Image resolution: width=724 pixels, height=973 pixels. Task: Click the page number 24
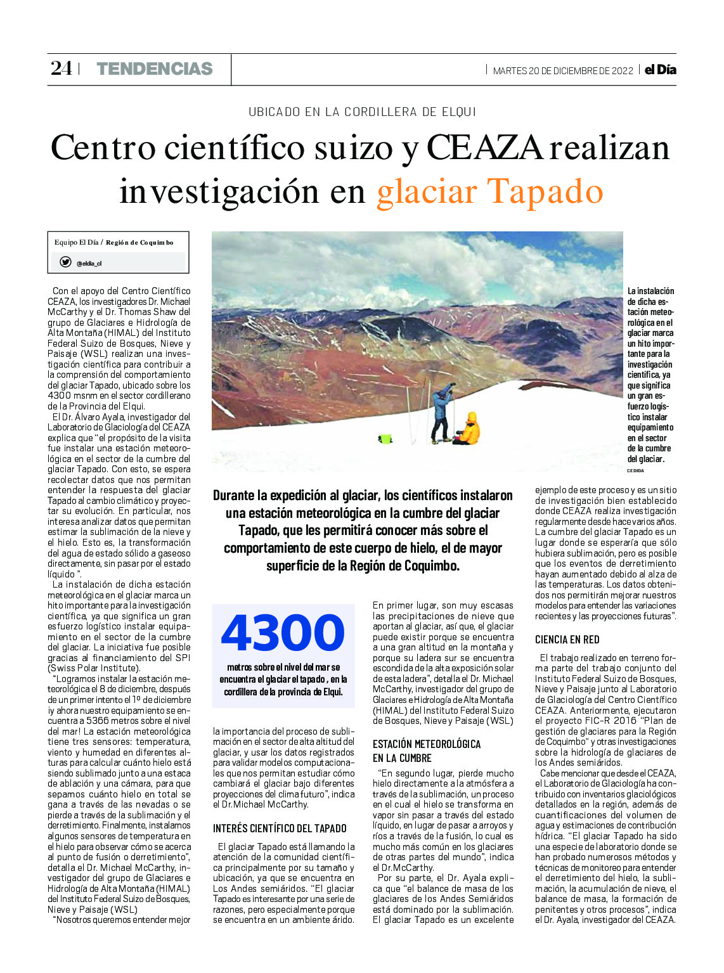point(61,68)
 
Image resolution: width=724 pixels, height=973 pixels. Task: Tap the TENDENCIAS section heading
point(154,69)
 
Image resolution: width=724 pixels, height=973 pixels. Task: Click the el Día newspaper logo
point(660,70)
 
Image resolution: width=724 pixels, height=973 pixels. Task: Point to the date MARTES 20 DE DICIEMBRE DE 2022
point(562,71)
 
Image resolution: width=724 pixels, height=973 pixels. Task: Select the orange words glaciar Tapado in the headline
point(489,191)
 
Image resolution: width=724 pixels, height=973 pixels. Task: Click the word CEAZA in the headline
point(485,148)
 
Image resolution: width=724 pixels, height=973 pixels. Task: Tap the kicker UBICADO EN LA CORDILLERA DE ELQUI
point(362,112)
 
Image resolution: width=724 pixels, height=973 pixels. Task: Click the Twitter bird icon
point(65,262)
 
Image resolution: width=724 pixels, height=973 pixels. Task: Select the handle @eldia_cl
point(89,264)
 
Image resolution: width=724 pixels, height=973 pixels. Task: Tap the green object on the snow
point(385,438)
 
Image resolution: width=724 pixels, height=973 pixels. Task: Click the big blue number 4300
point(283,633)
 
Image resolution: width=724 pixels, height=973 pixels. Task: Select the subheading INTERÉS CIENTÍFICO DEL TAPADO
point(280,828)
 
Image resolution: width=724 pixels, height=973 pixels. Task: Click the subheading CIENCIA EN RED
point(567,640)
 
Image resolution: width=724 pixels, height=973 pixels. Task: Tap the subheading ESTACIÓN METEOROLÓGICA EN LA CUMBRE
point(426,751)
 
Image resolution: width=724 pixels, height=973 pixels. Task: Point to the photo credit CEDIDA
point(635,471)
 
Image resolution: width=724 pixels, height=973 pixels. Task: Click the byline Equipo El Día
point(76,242)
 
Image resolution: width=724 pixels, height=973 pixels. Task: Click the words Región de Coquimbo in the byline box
point(139,242)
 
